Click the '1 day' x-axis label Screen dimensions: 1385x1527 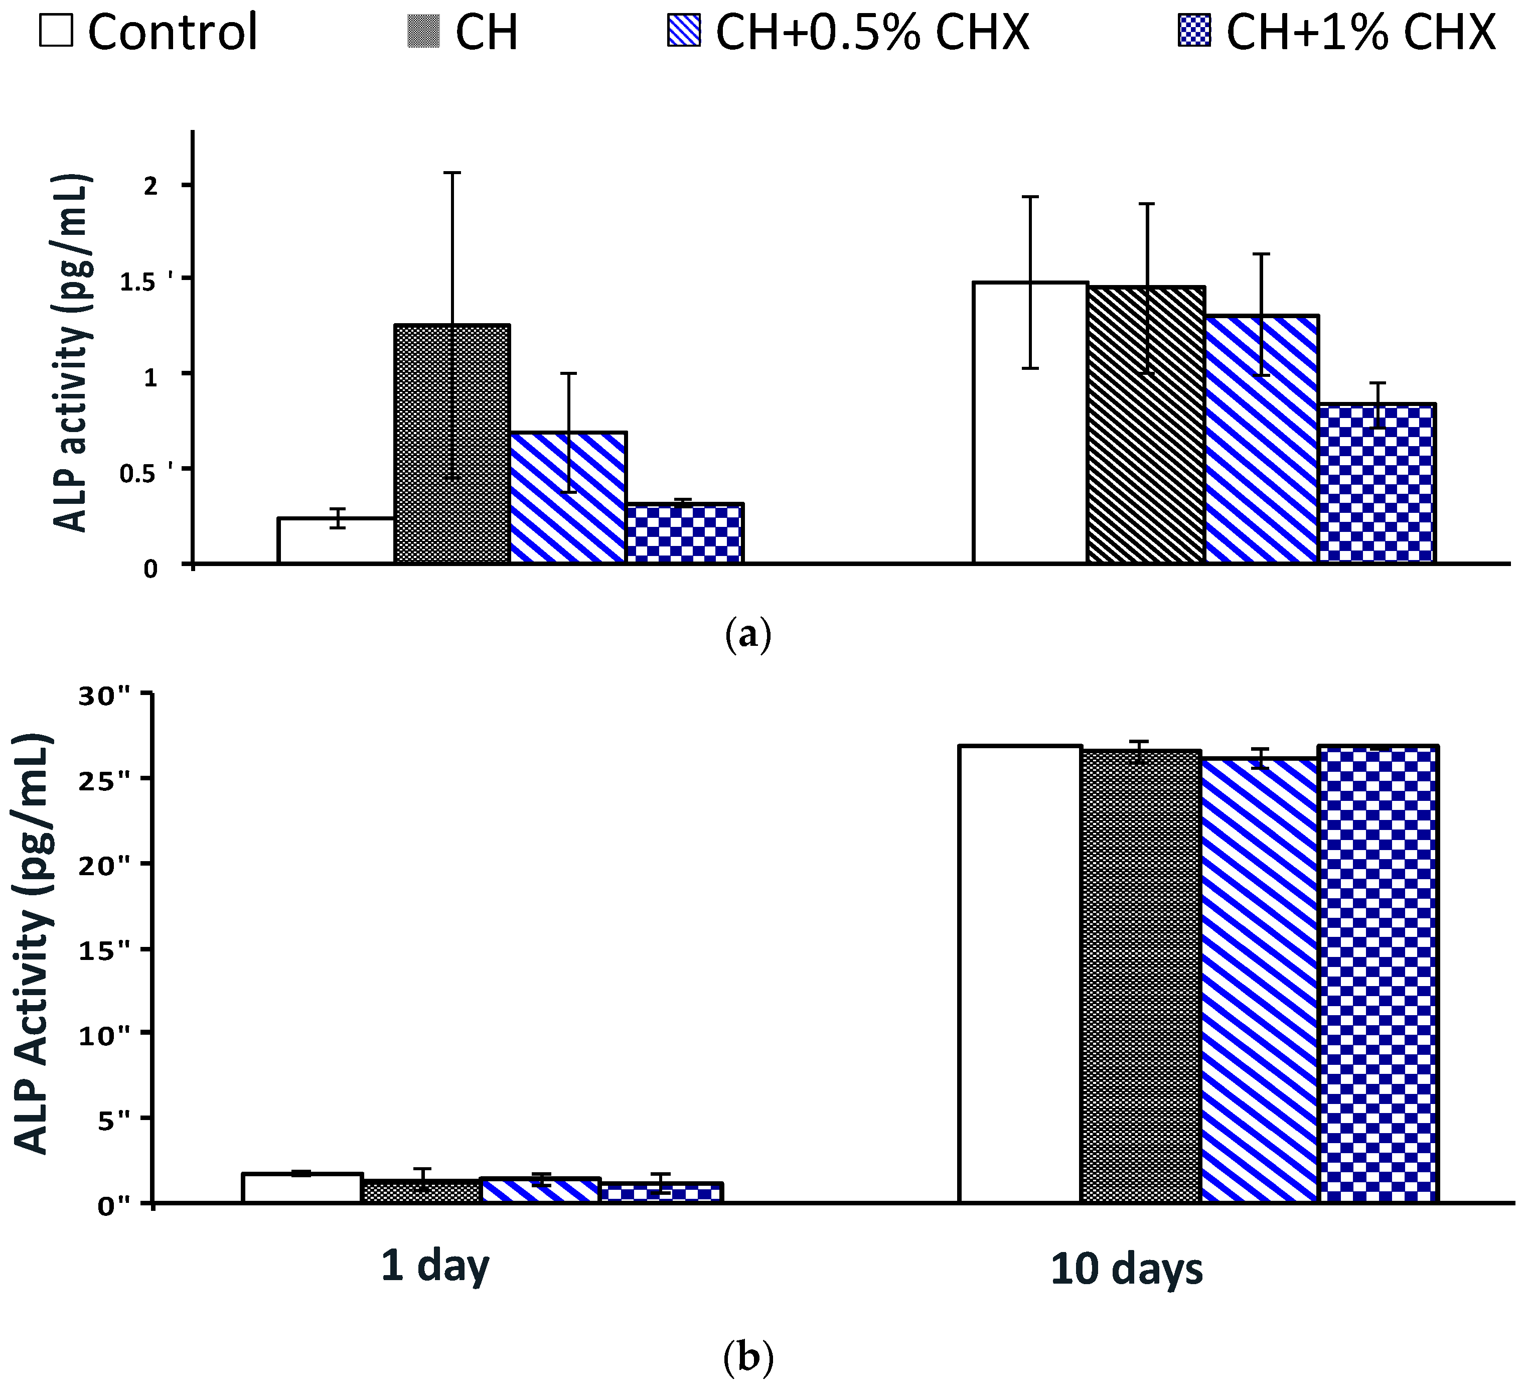(x=435, y=1266)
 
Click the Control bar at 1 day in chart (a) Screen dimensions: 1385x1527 (x=336, y=541)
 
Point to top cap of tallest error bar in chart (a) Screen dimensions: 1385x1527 (x=452, y=173)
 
